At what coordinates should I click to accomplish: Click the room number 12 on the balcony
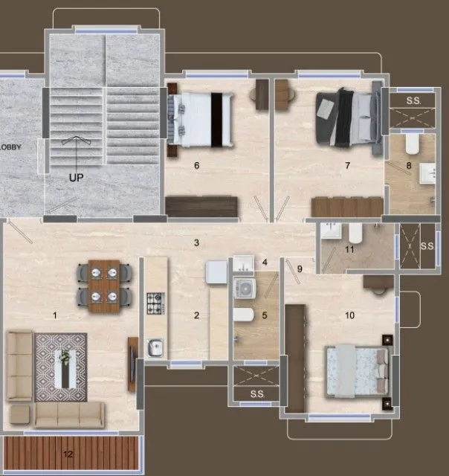pos(68,454)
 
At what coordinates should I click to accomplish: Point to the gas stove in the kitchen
pos(154,303)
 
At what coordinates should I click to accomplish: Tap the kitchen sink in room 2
pos(155,347)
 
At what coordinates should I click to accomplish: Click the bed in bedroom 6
pos(198,119)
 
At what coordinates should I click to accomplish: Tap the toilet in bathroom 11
pos(355,236)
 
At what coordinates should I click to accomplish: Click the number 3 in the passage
pos(196,242)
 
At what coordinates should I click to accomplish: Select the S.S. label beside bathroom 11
pos(427,245)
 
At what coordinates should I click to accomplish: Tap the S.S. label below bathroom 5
pos(257,393)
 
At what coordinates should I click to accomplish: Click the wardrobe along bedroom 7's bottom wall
pos(346,206)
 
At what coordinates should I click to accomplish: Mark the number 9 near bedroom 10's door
pos(300,268)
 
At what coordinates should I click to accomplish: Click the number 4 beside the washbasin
pos(264,261)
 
